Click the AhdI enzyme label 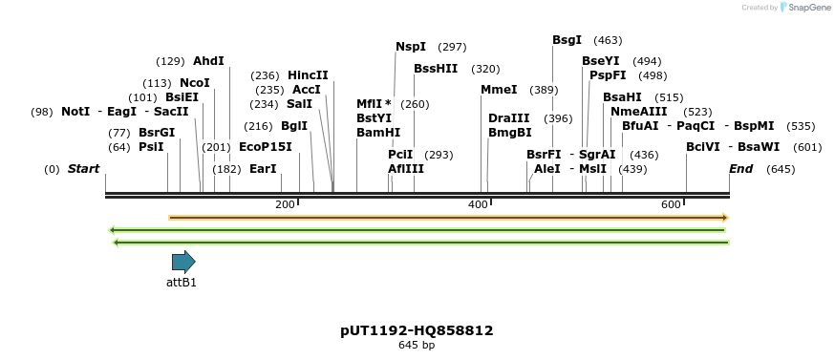(x=208, y=61)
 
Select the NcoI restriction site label (x=194, y=83)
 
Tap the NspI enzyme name (x=411, y=47)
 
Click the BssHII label (x=436, y=69)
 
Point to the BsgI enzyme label (x=567, y=40)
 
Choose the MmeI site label (x=499, y=90)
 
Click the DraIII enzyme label (x=508, y=118)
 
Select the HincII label (x=308, y=75)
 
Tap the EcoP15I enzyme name (x=266, y=147)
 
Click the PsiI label (x=151, y=147)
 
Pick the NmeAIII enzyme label (x=638, y=112)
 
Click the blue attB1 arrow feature (x=183, y=262)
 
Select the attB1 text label (x=182, y=283)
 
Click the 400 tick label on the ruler (x=478, y=205)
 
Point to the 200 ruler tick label (x=285, y=205)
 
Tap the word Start (x=83, y=169)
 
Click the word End (x=740, y=169)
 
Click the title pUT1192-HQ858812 (x=417, y=330)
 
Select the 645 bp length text (x=417, y=346)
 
